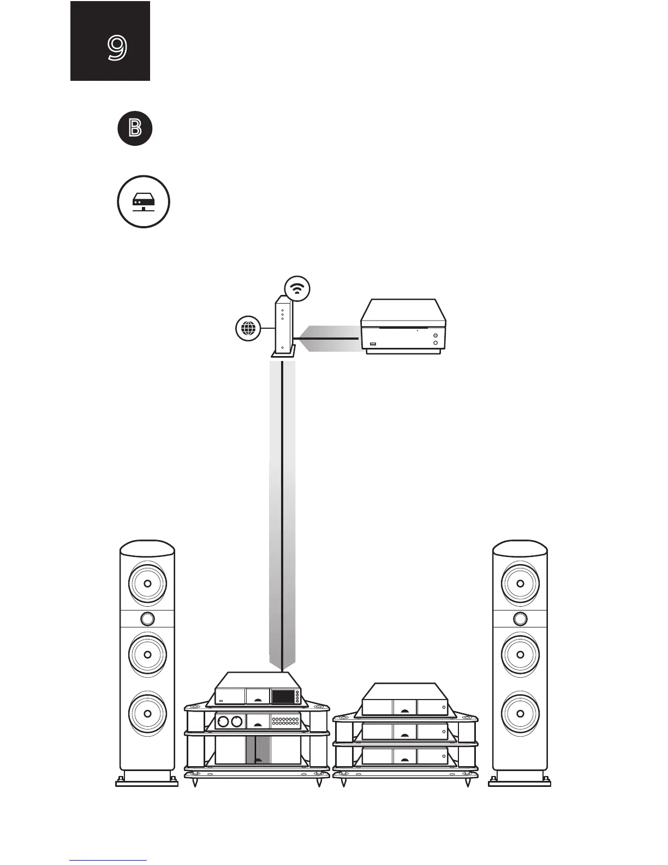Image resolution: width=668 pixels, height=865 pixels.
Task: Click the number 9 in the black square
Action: [x=117, y=48]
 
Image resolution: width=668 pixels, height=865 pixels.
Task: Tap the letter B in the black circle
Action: [x=135, y=129]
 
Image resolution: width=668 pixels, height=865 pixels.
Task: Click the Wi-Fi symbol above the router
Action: [x=297, y=288]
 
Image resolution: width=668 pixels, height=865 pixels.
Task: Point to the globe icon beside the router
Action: [x=248, y=329]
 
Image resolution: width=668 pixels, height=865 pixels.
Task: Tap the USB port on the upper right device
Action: [x=373, y=344]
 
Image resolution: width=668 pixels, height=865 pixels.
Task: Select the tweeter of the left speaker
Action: [x=147, y=619]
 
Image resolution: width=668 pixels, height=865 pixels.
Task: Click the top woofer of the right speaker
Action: [x=520, y=583]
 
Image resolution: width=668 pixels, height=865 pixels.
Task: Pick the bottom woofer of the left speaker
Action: [x=147, y=713]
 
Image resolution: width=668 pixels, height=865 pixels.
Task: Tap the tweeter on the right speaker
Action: [x=520, y=619]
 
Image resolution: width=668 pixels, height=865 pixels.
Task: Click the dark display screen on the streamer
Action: [x=283, y=696]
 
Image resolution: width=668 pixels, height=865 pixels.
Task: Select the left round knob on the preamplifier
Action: [x=223, y=722]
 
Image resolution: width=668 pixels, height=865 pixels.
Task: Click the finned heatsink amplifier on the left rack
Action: [x=258, y=750]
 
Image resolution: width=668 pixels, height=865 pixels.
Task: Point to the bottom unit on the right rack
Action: [x=405, y=756]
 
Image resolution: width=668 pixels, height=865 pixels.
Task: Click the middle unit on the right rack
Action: [x=405, y=731]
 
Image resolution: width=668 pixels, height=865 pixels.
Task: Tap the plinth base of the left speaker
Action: [x=147, y=781]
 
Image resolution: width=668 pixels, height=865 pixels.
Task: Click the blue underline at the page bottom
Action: [x=108, y=861]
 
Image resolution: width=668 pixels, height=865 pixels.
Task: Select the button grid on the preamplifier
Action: [x=285, y=721]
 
